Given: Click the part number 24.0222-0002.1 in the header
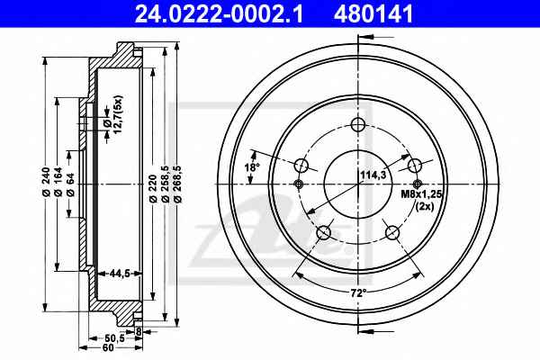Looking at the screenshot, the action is pyautogui.click(x=219, y=13).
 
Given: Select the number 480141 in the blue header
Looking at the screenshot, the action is pyautogui.click(x=373, y=13).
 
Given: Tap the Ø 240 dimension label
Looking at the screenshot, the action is pyautogui.click(x=46, y=182).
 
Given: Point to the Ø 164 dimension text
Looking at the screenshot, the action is pyautogui.click(x=58, y=182).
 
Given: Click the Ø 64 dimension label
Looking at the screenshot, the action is pyautogui.click(x=70, y=184).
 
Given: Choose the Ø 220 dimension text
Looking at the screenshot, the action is pyautogui.click(x=153, y=188).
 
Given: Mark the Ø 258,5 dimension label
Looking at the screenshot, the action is pyautogui.click(x=165, y=184).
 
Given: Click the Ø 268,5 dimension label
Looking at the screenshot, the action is pyautogui.click(x=177, y=184).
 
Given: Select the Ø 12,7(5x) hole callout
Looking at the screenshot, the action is pyautogui.click(x=112, y=114).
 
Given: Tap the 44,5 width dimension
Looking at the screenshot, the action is pyautogui.click(x=120, y=274).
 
